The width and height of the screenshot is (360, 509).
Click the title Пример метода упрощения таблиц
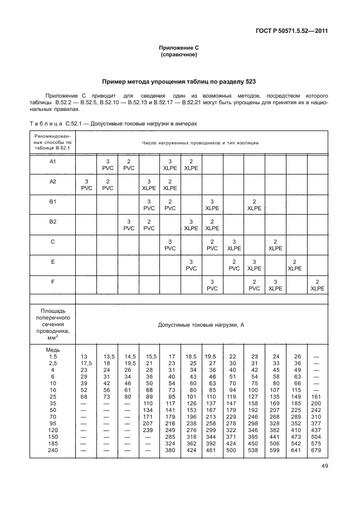179,81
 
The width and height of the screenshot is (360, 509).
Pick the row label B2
53,221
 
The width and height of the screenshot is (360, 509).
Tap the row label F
53,282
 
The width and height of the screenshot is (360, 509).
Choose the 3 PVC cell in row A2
86,185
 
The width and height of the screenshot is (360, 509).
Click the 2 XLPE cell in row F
317,285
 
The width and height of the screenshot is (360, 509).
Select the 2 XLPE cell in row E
295,265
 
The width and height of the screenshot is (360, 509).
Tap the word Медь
53,349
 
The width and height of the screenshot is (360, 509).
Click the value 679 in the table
317,450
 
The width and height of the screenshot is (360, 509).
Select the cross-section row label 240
53,450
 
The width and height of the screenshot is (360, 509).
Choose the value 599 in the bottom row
274,450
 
